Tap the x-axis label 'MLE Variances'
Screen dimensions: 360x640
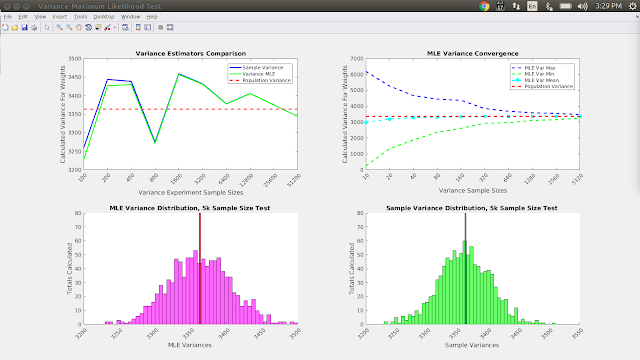(190, 343)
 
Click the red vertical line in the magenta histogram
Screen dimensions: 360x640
(200, 280)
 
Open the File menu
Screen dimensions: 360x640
(9, 17)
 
